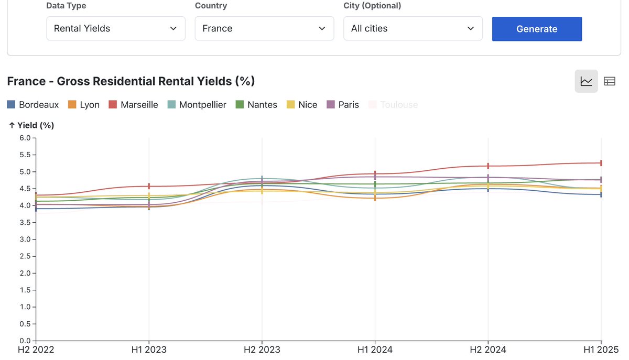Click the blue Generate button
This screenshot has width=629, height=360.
pos(537,29)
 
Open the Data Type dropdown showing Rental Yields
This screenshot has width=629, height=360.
pos(115,28)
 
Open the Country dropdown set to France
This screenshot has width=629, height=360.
pos(264,28)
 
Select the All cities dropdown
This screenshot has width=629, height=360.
pos(413,28)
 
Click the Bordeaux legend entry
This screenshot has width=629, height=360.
pos(33,105)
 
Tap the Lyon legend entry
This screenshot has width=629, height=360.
pos(84,105)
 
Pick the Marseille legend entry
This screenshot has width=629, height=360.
pos(134,105)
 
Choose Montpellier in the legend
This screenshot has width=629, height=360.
pos(197,105)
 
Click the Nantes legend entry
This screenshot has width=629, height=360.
pos(257,105)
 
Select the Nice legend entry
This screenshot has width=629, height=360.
pos(302,105)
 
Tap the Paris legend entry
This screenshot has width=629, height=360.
pos(343,105)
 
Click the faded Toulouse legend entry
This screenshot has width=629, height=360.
pos(394,105)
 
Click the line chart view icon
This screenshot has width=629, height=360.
pos(586,81)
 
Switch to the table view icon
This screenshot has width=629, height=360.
pos(609,81)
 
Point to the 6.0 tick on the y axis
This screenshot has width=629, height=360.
pos(24,138)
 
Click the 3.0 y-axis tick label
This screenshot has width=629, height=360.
pos(24,239)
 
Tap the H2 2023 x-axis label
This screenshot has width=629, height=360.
pos(262,350)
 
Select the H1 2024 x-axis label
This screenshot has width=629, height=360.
pos(375,350)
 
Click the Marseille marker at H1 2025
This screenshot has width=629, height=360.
pos(601,163)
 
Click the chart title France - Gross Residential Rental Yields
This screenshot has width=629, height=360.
pos(131,81)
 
